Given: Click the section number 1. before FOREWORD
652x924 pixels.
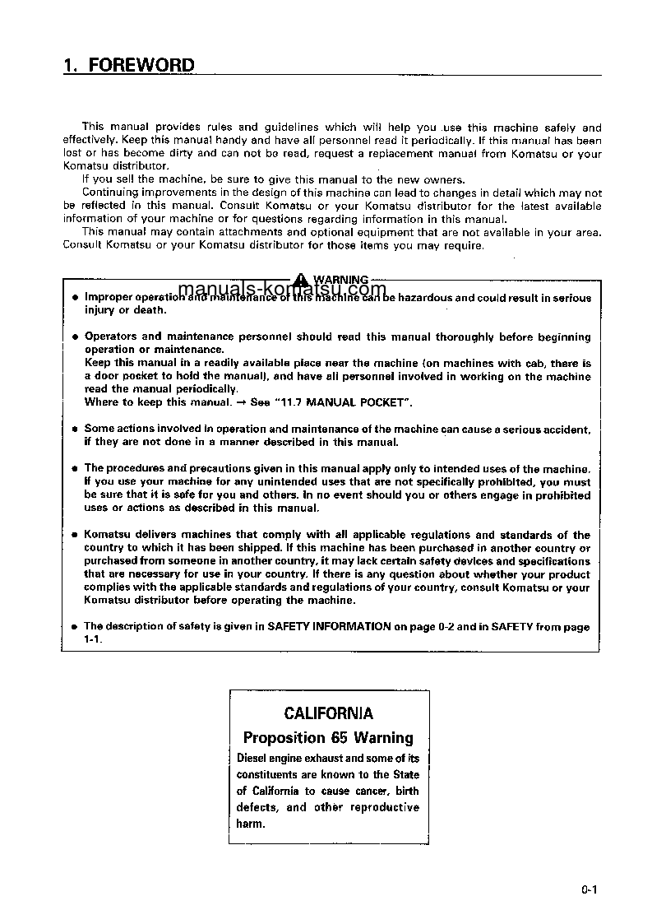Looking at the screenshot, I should click(71, 65).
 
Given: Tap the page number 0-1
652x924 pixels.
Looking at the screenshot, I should click(588, 889).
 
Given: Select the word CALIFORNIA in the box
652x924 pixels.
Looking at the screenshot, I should click(328, 713).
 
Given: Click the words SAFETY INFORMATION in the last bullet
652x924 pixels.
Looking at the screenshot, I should click(329, 626).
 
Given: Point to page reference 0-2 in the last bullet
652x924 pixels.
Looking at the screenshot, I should click(446, 626).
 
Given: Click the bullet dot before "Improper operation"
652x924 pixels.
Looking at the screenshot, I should click(74, 297).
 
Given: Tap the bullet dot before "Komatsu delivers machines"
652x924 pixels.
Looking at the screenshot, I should click(74, 535).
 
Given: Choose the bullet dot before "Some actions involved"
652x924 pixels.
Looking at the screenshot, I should click(74, 429).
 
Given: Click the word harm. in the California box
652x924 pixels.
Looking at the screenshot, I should click(251, 824).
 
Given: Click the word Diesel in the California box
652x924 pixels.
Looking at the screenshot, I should click(252, 758).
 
